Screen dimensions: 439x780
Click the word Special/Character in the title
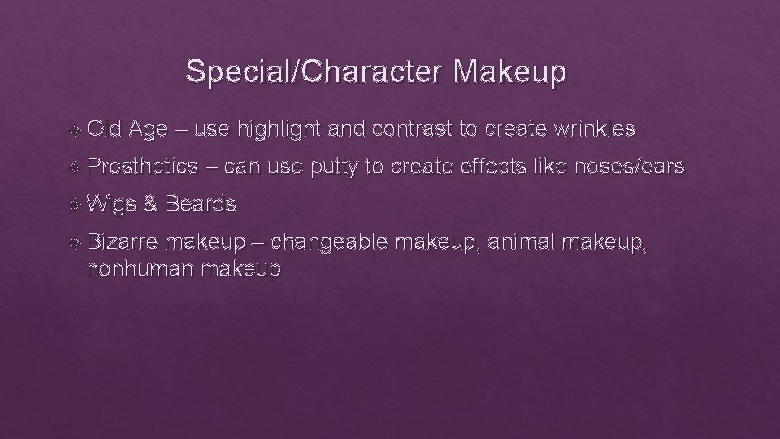coord(315,72)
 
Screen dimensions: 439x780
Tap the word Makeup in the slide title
coord(510,72)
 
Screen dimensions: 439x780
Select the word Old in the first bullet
coord(103,128)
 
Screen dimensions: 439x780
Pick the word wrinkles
coord(591,128)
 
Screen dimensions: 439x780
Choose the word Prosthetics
coord(142,167)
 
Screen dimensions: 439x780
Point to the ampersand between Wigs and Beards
coord(150,205)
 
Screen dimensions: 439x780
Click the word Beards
coord(201,205)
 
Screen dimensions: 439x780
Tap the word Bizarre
coord(122,242)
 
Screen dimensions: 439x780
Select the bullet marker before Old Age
coord(76,128)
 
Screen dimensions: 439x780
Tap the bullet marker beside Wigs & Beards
coord(76,205)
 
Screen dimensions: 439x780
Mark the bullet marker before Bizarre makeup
coord(76,242)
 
